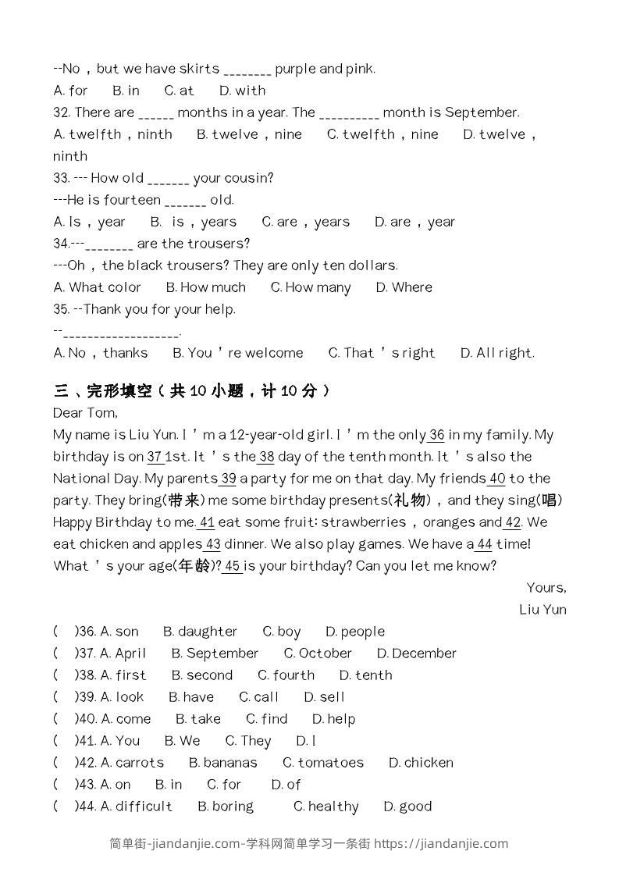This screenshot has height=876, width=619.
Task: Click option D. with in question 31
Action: tap(242, 91)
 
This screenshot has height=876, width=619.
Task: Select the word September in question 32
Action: tap(482, 112)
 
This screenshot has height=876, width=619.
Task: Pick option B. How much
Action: tap(206, 287)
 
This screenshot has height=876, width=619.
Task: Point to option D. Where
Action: tap(404, 287)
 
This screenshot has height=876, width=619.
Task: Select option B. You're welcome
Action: tap(237, 353)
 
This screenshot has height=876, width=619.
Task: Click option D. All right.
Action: tap(497, 353)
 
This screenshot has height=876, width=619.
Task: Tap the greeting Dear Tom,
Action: tap(85, 413)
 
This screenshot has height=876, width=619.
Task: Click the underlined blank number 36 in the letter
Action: tap(436, 435)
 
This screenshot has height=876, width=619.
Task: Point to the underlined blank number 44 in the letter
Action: tap(484, 544)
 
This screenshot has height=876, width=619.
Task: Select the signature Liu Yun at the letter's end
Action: tap(543, 610)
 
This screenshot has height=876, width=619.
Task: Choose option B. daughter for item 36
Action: tap(200, 632)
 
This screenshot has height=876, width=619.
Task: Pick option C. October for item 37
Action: tap(318, 653)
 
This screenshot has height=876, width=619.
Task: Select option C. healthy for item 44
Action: tap(326, 807)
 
